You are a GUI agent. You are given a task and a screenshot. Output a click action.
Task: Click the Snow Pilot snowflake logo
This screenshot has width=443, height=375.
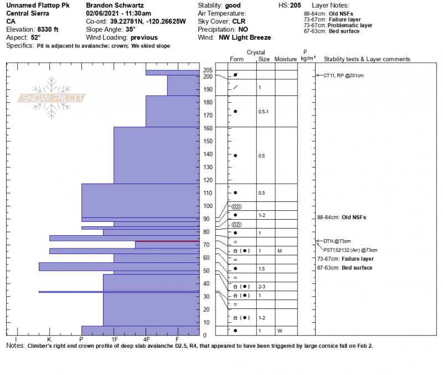53,98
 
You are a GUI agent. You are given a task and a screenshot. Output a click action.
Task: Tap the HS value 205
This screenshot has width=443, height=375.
296,4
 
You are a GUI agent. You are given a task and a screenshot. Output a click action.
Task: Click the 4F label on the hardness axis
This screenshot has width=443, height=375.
147,338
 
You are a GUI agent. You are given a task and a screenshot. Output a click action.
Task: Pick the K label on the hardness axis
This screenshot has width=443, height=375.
49,338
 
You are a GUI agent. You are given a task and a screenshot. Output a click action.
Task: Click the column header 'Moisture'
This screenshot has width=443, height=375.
285,59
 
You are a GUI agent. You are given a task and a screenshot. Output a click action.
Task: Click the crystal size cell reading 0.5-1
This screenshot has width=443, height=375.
264,112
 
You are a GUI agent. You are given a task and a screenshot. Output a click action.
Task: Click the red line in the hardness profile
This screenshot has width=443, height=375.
167,241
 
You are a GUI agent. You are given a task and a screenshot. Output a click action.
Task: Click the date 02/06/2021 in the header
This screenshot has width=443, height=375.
103,13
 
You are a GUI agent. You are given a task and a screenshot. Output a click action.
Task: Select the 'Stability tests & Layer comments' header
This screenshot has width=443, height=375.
367,59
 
